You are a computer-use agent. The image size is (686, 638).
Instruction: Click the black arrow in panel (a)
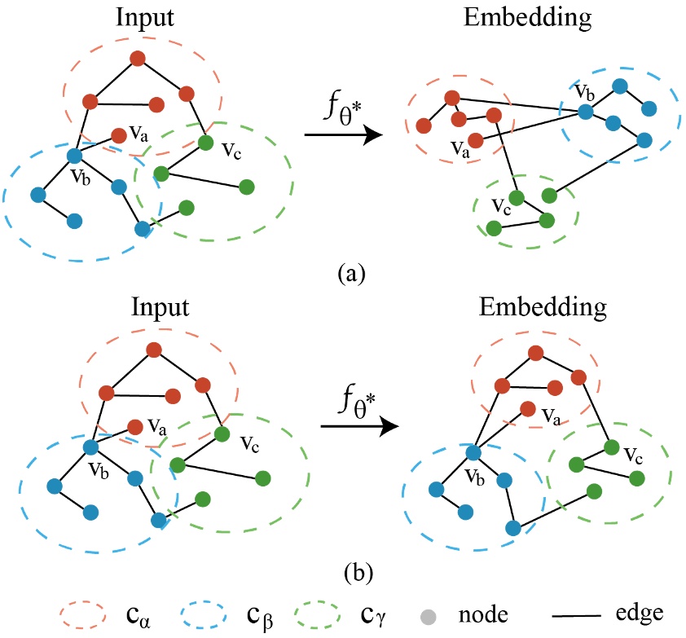click(x=342, y=136)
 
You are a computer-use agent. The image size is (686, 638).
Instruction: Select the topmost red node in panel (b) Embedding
click(x=535, y=353)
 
